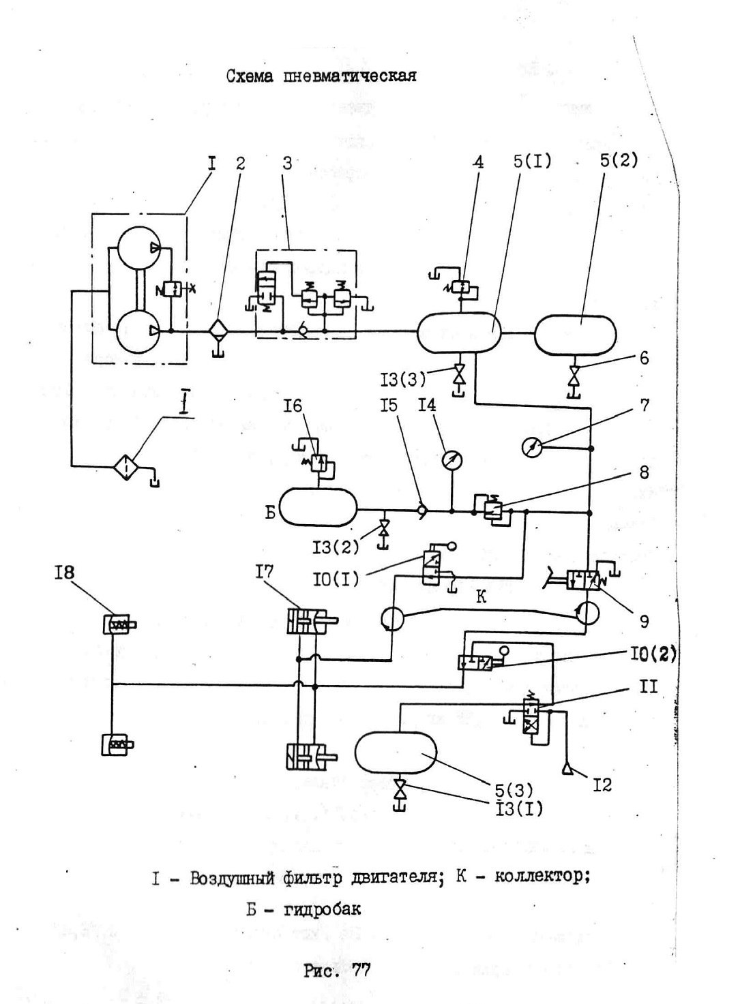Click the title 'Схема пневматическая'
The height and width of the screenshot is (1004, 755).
pos(321,75)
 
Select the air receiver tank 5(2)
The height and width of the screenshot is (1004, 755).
pos(575,335)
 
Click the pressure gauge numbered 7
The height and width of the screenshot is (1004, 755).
pos(532,448)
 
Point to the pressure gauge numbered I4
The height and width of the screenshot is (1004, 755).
pos(451,460)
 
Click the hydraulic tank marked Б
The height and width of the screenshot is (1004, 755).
pos(318,507)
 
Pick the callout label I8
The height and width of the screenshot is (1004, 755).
pos(64,573)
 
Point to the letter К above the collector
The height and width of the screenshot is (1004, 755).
pos(481,597)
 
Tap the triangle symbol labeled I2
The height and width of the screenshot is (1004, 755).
pos(567,770)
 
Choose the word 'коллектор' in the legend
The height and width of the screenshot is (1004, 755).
pos(542,877)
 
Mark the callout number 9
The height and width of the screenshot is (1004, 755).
pos(644,621)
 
